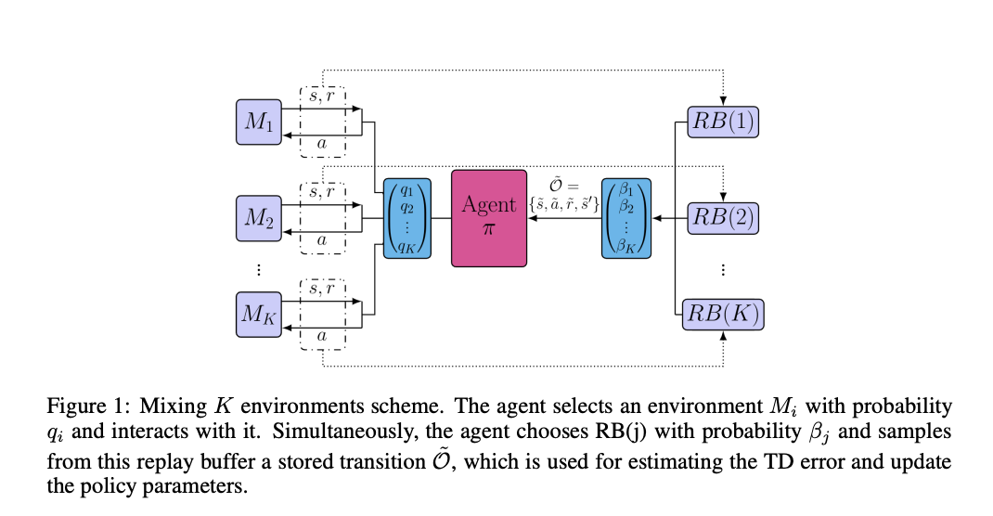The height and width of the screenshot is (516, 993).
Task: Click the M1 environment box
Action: pos(259,122)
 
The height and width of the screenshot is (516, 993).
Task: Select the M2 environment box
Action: pos(259,218)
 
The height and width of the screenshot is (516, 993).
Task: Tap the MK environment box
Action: pos(259,314)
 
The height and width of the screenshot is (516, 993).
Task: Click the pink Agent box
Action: pos(489,218)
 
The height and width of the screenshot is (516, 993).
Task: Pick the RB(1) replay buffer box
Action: pos(723,122)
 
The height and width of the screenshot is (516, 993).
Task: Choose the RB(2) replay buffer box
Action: pos(723,218)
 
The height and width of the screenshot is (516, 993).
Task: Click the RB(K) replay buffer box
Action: pos(723,314)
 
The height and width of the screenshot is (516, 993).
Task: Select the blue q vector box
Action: pos(407,218)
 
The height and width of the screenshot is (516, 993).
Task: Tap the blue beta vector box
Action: pos(626,218)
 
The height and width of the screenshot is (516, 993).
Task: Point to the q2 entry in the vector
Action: pos(407,208)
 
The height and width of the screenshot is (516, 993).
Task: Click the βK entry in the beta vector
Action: pos(626,246)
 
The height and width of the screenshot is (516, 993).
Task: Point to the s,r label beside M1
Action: pos(322,97)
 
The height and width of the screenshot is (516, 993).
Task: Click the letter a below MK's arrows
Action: pos(322,336)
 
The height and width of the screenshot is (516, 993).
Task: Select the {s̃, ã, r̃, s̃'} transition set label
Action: pos(563,204)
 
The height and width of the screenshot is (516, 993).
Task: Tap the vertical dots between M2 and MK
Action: pos(258,270)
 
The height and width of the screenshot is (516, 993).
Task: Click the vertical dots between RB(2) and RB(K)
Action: pos(723,270)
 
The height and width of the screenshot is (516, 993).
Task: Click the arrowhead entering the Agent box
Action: pos(532,218)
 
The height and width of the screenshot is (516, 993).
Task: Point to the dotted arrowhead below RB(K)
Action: pos(723,336)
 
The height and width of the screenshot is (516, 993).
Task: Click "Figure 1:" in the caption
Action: pos(88,406)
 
